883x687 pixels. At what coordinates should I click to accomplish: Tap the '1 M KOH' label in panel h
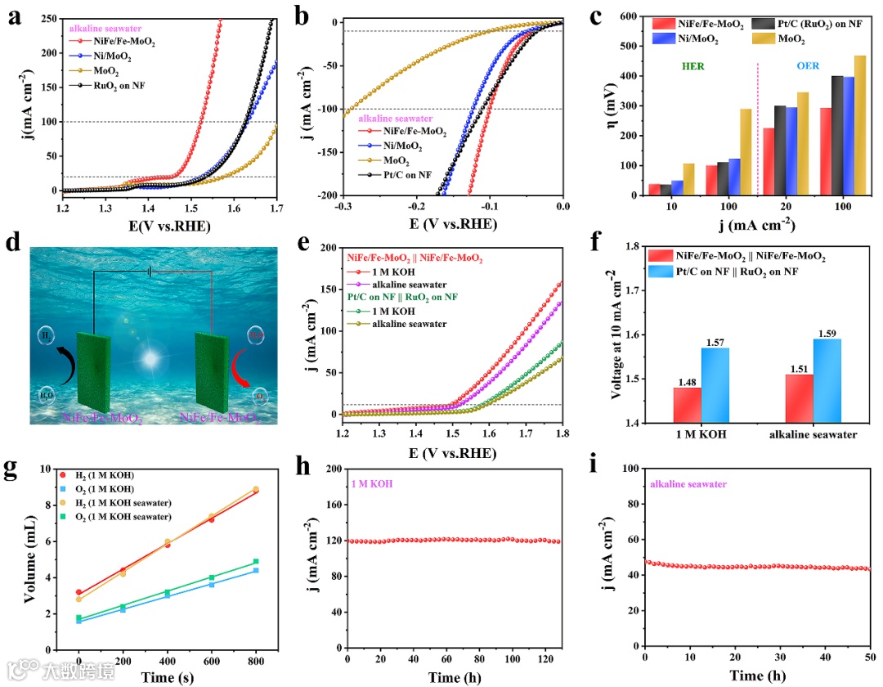coord(372,483)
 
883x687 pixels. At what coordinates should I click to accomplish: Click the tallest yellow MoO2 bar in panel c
coord(859,126)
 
